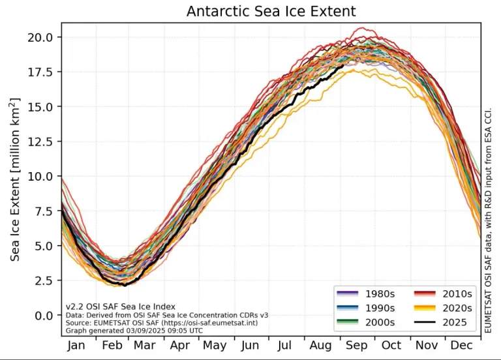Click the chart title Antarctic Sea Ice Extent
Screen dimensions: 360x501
click(x=271, y=11)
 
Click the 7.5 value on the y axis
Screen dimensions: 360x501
click(x=44, y=211)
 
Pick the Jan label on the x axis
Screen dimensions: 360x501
click(x=76, y=345)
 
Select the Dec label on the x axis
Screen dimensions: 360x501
click(x=461, y=345)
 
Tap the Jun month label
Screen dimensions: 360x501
click(x=249, y=345)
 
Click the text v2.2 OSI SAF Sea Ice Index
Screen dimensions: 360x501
click(x=120, y=306)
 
